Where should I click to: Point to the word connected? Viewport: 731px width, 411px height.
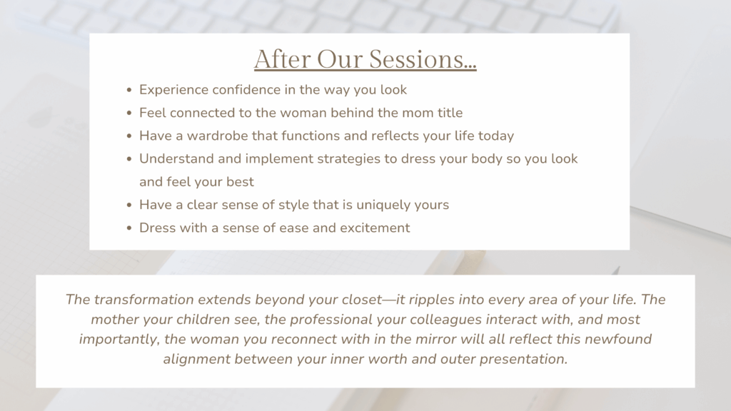(201, 113)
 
